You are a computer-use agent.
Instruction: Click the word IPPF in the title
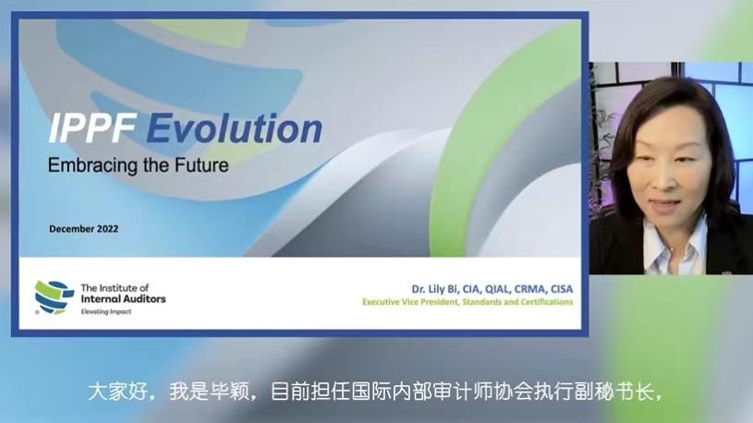pos(81,129)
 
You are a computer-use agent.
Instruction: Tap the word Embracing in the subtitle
pos(88,167)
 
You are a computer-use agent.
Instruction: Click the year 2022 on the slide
pos(106,228)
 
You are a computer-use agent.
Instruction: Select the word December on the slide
pos(70,228)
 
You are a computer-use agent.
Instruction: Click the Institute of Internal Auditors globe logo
pos(54,296)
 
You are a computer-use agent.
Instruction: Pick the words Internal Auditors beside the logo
pos(123,299)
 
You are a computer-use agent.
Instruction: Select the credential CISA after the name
pos(560,289)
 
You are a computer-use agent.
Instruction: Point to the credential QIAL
pos(497,289)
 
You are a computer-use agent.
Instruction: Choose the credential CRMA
pos(529,289)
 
